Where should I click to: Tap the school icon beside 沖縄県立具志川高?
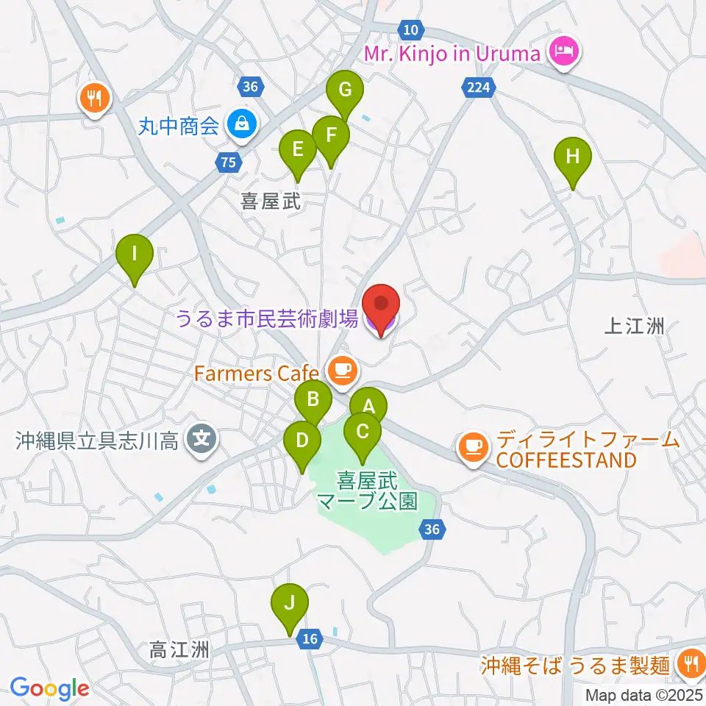(201, 441)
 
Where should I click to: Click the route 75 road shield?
(229, 163)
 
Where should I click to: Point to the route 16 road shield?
(310, 639)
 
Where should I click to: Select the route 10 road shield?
(410, 29)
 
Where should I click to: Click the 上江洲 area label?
(635, 327)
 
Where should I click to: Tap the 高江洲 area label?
(179, 650)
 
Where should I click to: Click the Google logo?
(49, 688)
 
